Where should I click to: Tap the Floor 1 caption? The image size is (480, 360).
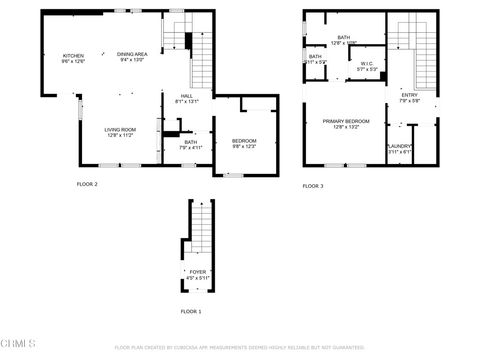click(190, 312)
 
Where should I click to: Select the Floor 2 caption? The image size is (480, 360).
click(87, 184)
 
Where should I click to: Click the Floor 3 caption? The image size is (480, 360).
click(313, 186)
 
